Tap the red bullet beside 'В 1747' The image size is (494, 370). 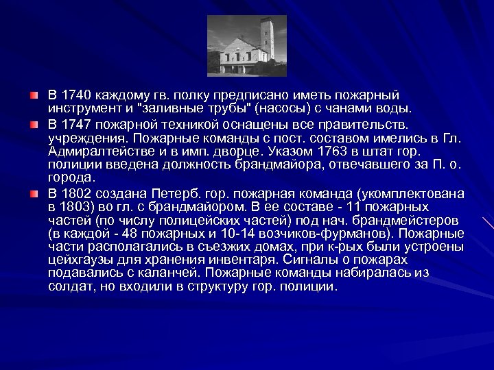(x=34, y=125)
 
